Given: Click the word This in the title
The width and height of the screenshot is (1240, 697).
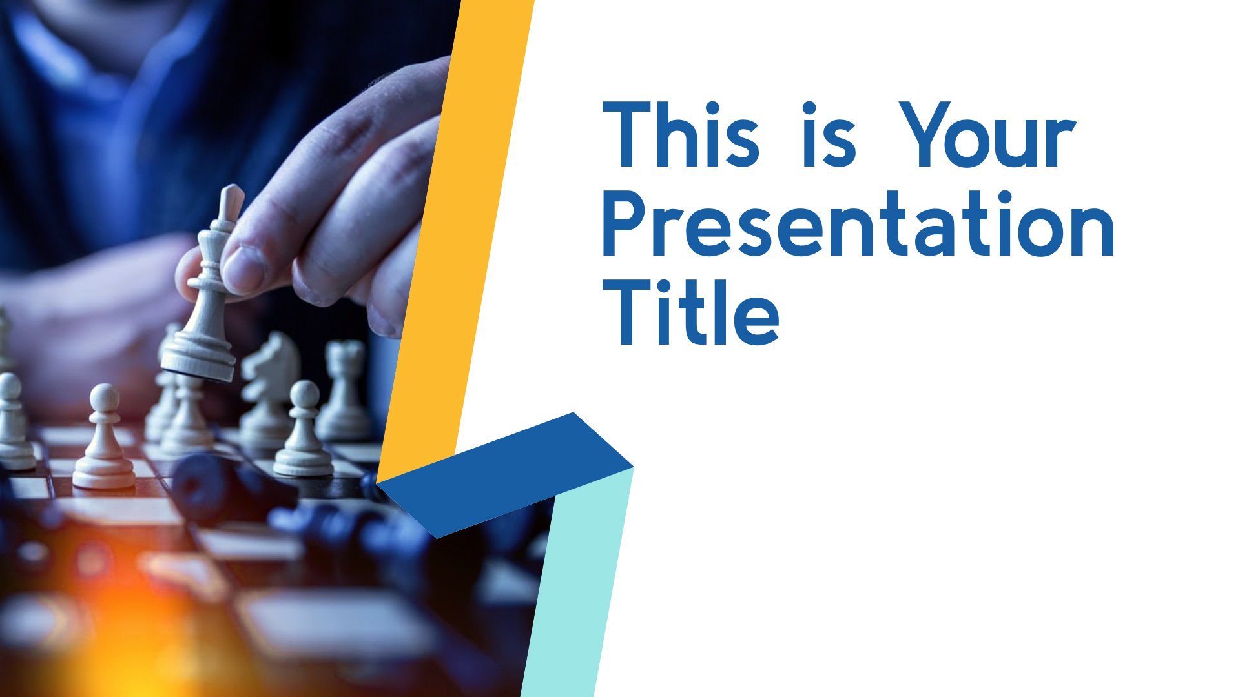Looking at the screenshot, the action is [681, 134].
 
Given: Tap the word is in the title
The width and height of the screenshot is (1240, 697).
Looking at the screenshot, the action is [829, 134].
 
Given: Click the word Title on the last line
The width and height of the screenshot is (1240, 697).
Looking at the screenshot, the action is [691, 312].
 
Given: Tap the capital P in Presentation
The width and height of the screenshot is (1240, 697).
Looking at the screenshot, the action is [626, 223].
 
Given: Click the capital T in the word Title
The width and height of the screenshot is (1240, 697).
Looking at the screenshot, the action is [626, 312].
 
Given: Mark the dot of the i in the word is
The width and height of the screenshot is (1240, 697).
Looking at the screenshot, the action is [810, 108].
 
